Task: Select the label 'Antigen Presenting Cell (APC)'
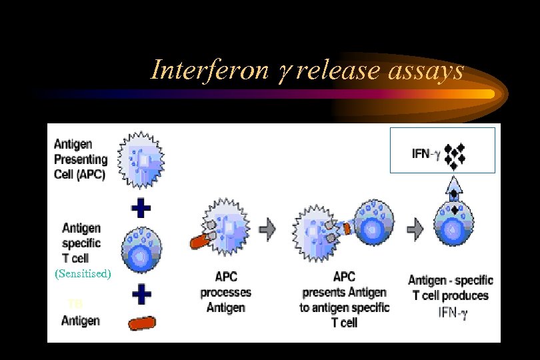click(x=80, y=160)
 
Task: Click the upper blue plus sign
click(x=141, y=209)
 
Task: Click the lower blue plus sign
click(x=141, y=293)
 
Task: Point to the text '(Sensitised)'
click(x=83, y=274)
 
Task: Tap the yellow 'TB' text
click(x=75, y=304)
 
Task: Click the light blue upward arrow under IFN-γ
click(x=454, y=184)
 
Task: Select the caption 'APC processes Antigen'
click(x=225, y=292)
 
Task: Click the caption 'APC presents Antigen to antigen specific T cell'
click(x=344, y=299)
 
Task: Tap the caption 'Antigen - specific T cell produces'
click(x=450, y=287)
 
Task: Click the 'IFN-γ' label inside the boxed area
click(x=425, y=155)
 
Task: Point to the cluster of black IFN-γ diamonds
click(x=454, y=155)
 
